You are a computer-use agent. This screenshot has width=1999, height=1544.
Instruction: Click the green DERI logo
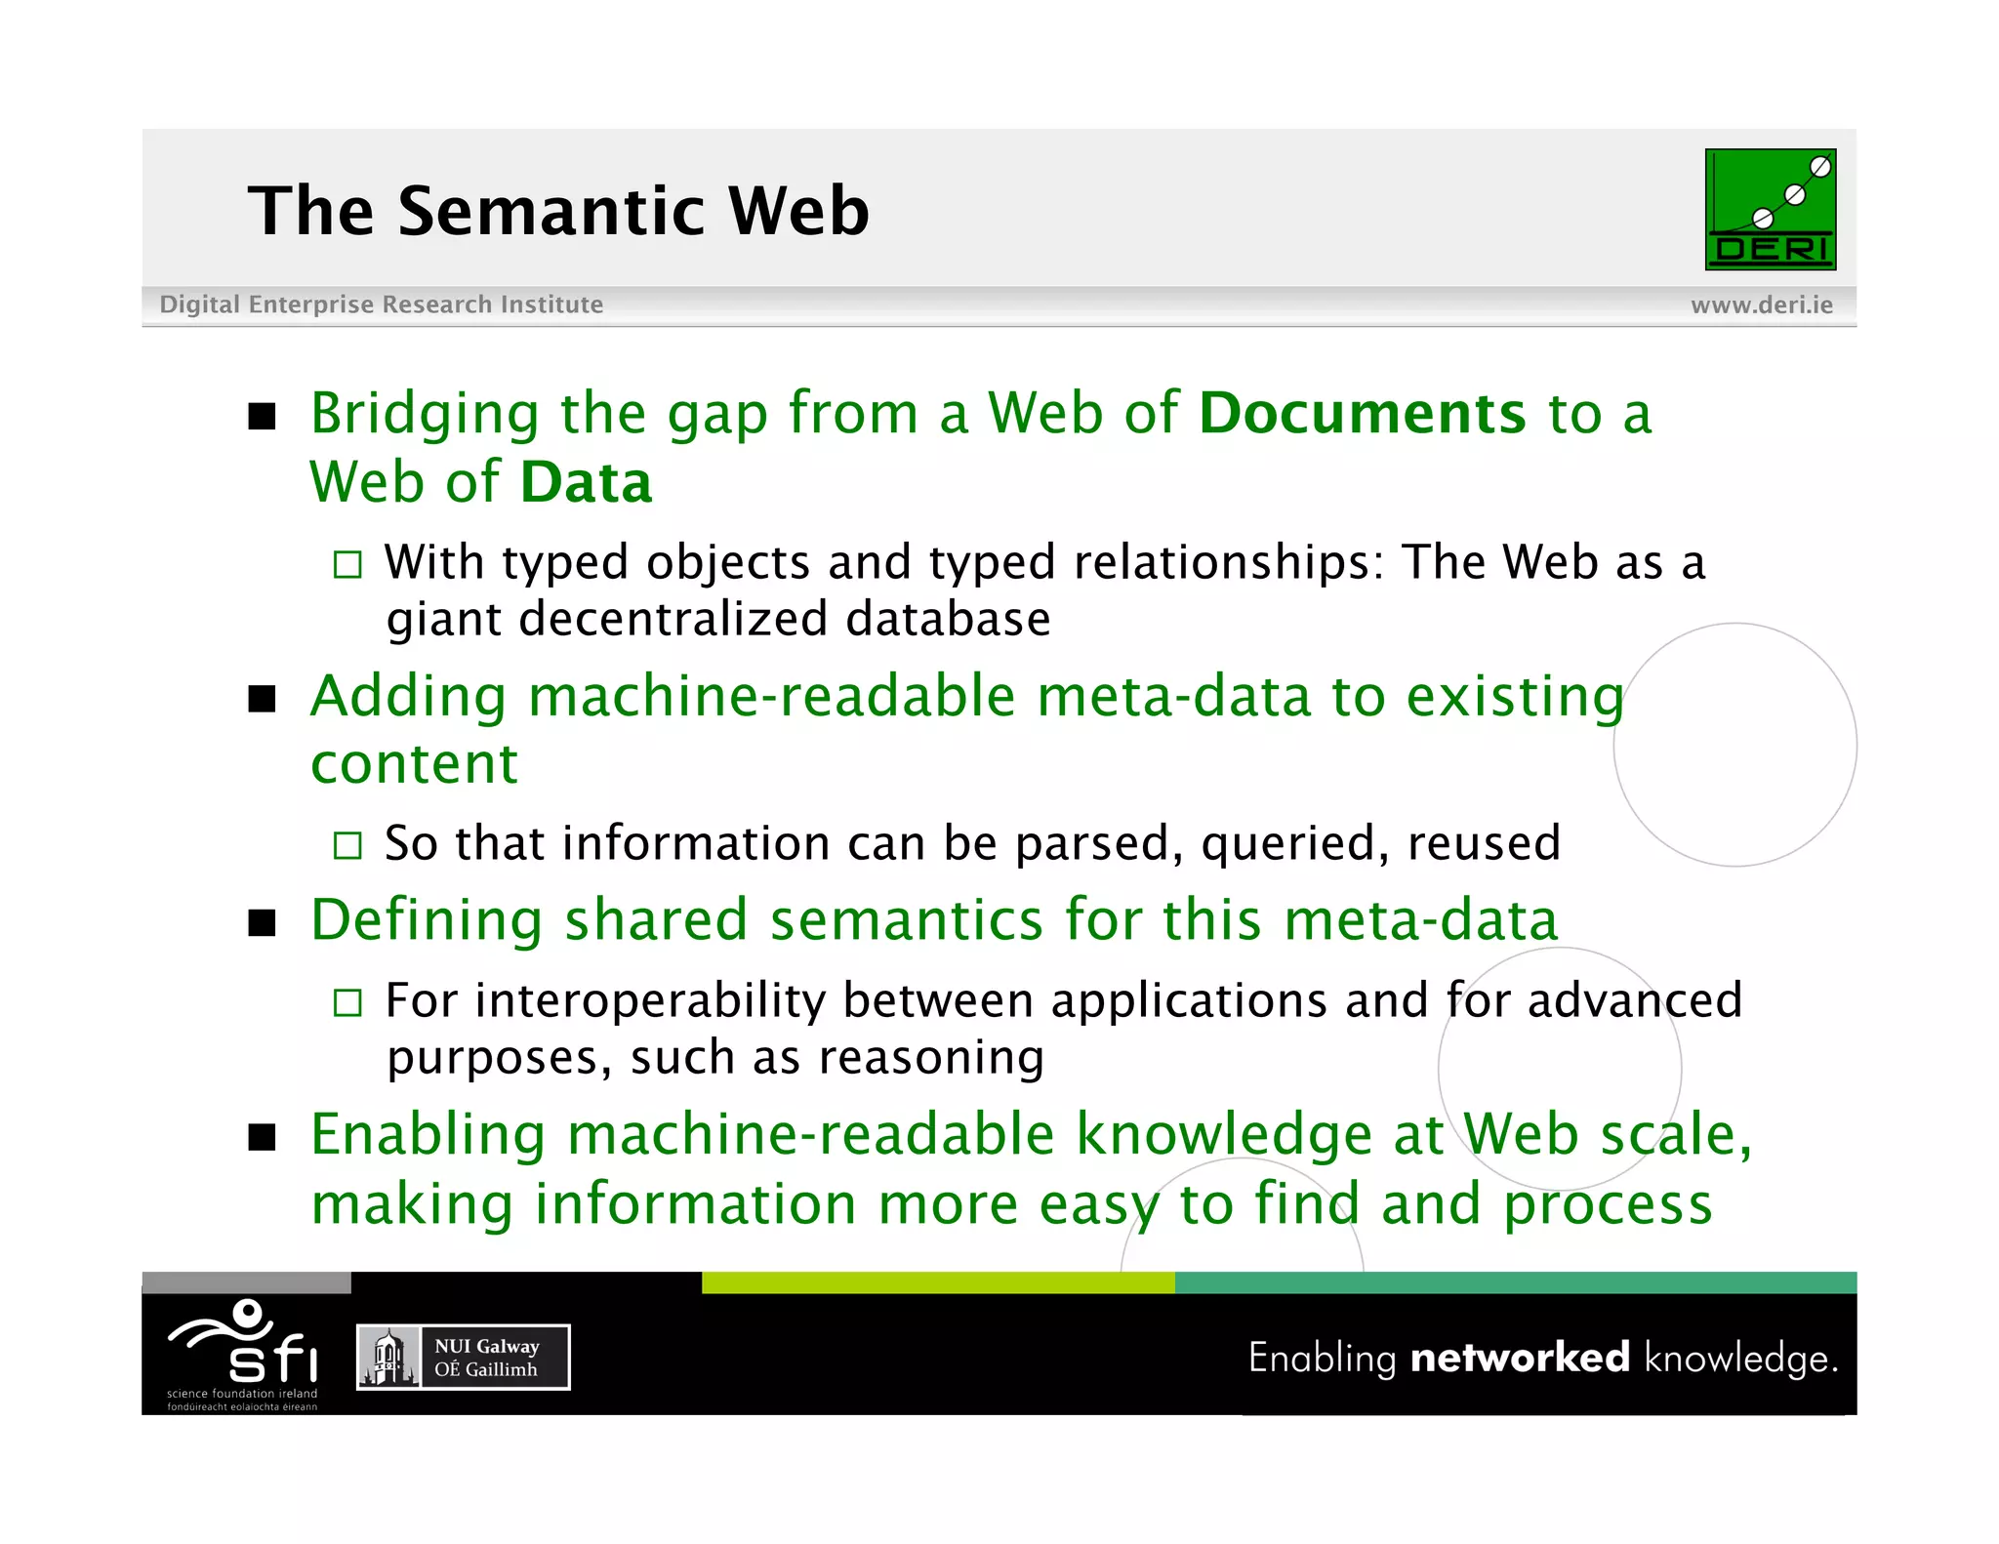coord(1770,209)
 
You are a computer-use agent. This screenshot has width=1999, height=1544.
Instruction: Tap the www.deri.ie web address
coord(1761,305)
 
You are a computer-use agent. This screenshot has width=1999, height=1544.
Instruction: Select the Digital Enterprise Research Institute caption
coord(381,305)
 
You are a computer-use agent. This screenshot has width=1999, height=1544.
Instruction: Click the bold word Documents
coord(1362,413)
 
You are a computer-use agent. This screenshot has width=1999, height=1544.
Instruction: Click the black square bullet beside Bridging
coord(262,417)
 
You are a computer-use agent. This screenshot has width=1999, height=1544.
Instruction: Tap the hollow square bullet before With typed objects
coord(347,564)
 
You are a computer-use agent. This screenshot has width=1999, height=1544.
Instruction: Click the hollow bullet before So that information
coord(347,845)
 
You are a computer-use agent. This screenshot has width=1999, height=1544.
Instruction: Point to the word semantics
coord(907,920)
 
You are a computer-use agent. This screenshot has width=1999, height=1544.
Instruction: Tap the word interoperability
coord(650,1000)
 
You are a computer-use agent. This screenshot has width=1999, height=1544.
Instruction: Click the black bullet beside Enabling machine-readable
coord(262,1138)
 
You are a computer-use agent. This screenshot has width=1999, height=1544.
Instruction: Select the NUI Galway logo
coord(463,1357)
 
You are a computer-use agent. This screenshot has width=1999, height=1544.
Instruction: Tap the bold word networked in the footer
coord(1520,1358)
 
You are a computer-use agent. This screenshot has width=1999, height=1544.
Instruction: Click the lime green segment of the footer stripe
coord(937,1282)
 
